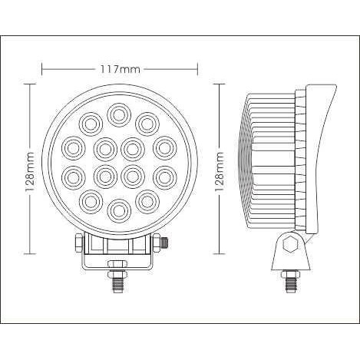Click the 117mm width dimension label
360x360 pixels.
pos(120,69)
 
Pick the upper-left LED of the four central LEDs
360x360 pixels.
pos(105,149)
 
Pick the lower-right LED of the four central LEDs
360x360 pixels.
pos(132,177)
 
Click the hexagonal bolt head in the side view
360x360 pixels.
pos(290,244)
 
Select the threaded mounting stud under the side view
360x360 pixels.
pos(290,285)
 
